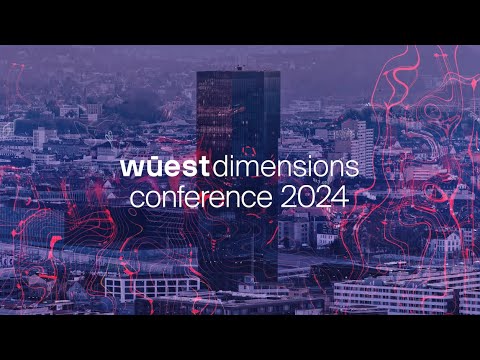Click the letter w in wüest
click(x=131, y=166)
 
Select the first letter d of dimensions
click(x=200, y=165)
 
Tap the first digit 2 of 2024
click(x=287, y=197)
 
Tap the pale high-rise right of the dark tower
click(x=361, y=145)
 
